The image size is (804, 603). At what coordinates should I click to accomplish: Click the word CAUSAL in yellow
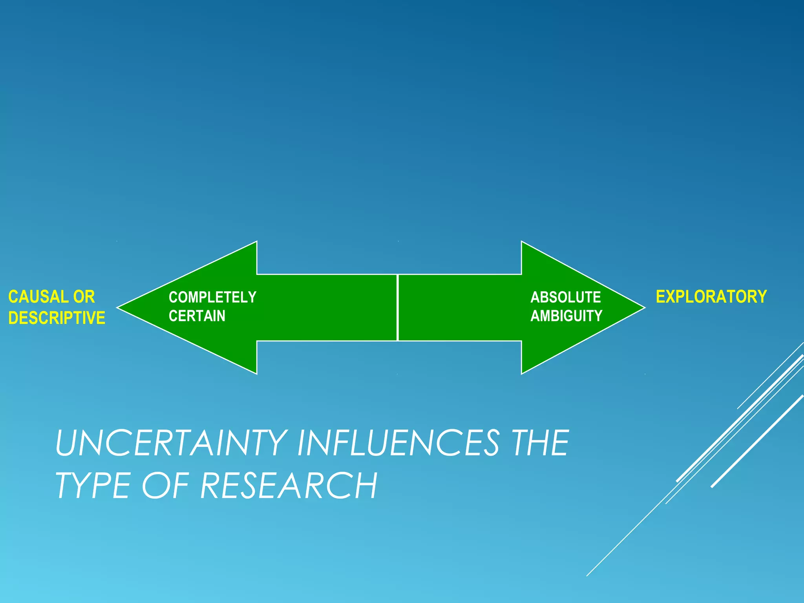pos(38,297)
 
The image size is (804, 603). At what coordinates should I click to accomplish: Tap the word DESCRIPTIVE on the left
pos(57,318)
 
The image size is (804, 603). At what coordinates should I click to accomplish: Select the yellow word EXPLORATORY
pos(711,296)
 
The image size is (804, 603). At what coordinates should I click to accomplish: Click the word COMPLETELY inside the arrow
pos(212,297)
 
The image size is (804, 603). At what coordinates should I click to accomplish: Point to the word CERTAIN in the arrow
pos(197,316)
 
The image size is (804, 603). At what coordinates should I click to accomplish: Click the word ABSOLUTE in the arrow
pos(565,297)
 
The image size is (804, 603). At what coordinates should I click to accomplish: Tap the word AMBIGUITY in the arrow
pos(566,316)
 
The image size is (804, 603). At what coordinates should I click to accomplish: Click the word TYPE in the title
pos(93,486)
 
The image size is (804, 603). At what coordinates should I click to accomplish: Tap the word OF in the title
pos(165,486)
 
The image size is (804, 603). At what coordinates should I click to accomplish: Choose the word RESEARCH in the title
pos(289,486)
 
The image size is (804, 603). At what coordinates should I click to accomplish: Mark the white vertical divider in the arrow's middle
pos(398,307)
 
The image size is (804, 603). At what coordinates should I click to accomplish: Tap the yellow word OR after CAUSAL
pos(84,297)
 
